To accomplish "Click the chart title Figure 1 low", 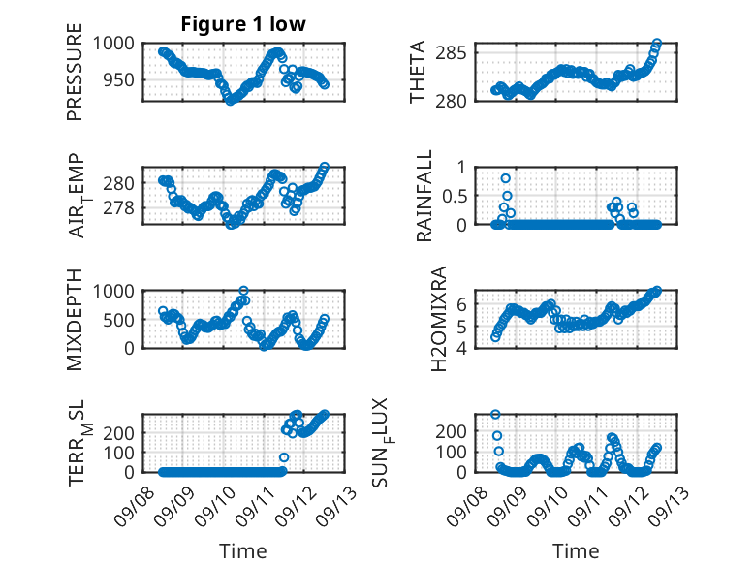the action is pyautogui.click(x=243, y=24).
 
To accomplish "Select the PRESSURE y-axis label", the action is pyautogui.click(x=75, y=72).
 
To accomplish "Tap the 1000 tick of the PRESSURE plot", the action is pyautogui.click(x=113, y=44).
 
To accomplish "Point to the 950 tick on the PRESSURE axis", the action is pyautogui.click(x=119, y=79).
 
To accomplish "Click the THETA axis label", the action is pyautogui.click(x=418, y=72).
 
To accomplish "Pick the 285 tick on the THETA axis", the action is pyautogui.click(x=451, y=52).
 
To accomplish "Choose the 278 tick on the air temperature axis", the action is pyautogui.click(x=119, y=208).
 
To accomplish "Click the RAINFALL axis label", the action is pyautogui.click(x=424, y=196).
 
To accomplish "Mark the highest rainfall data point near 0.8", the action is pyautogui.click(x=505, y=178).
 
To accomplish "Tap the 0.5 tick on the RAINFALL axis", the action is pyautogui.click(x=455, y=196).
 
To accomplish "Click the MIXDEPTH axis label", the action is pyautogui.click(x=75, y=319).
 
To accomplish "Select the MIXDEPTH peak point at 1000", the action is pyautogui.click(x=244, y=291).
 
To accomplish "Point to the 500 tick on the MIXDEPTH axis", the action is pyautogui.click(x=119, y=320).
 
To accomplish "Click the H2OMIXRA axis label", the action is pyautogui.click(x=439, y=319).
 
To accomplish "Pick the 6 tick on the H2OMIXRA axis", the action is pyautogui.click(x=461, y=304).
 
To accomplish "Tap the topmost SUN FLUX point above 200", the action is pyautogui.click(x=495, y=414).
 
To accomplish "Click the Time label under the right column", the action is pyautogui.click(x=576, y=551).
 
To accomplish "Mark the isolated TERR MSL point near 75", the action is pyautogui.click(x=284, y=457).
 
